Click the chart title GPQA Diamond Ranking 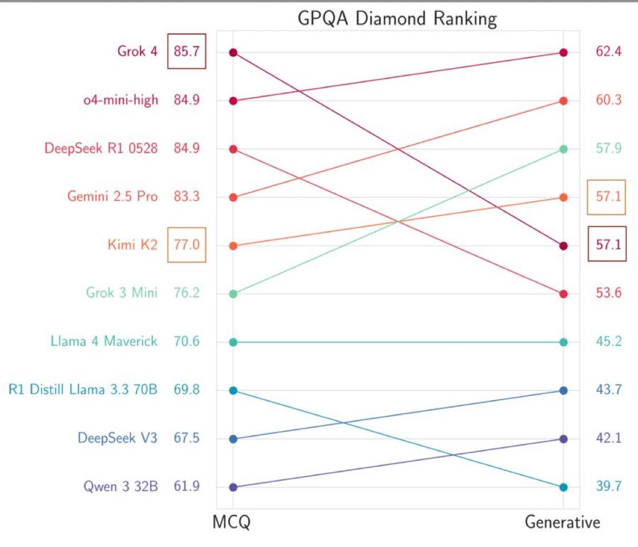coord(397,19)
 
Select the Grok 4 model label coord(138,52)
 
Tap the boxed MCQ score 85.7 coord(186,52)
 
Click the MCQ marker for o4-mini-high coord(233,101)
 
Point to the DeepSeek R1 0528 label coord(101,149)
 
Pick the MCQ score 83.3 coord(186,197)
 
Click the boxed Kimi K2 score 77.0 coord(186,246)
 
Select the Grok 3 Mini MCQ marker coord(233,294)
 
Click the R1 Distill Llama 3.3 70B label coord(83,390)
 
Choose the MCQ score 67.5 coord(186,438)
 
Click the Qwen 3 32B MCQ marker coord(233,487)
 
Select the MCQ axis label coord(232,522)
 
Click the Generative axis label coord(562,522)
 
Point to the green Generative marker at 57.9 coord(563,149)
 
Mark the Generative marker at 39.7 coord(563,487)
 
